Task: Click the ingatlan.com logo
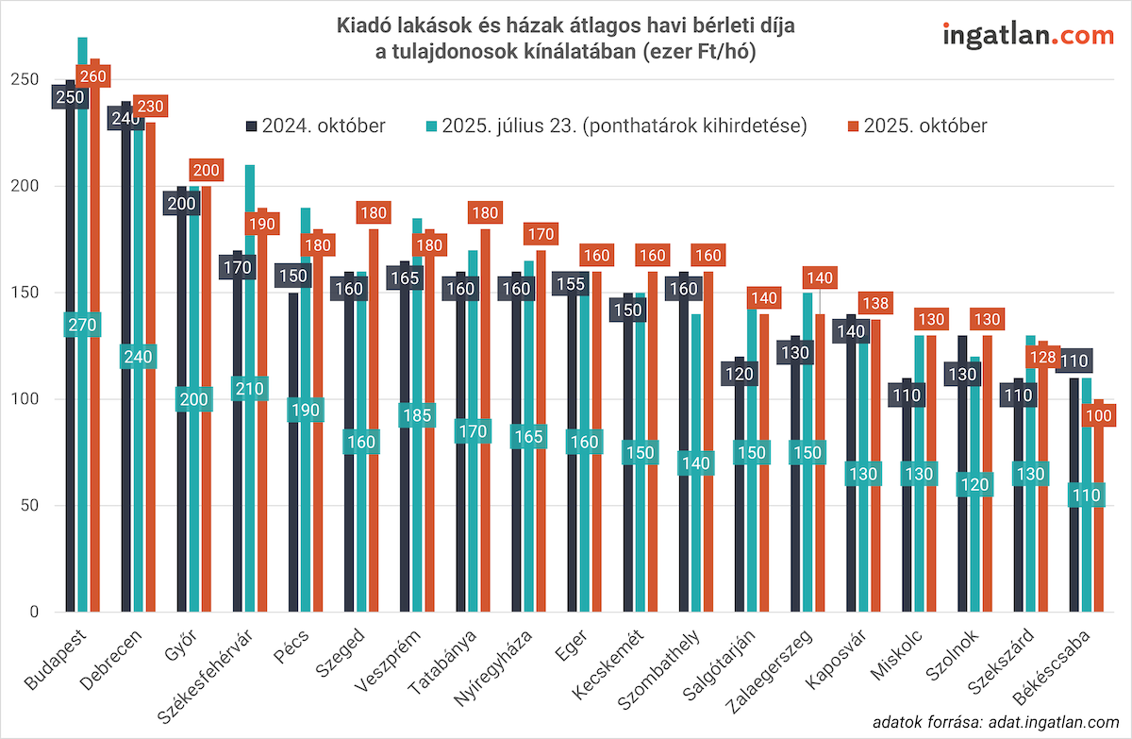pyautogui.click(x=1028, y=36)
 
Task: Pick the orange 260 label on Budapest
pyautogui.click(x=94, y=75)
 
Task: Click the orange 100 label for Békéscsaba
pyautogui.click(x=1098, y=415)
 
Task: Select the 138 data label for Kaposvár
pyautogui.click(x=876, y=304)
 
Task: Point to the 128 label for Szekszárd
pyautogui.click(x=1042, y=358)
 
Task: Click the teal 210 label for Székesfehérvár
pyautogui.click(x=249, y=389)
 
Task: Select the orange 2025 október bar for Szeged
pyautogui.click(x=374, y=425)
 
